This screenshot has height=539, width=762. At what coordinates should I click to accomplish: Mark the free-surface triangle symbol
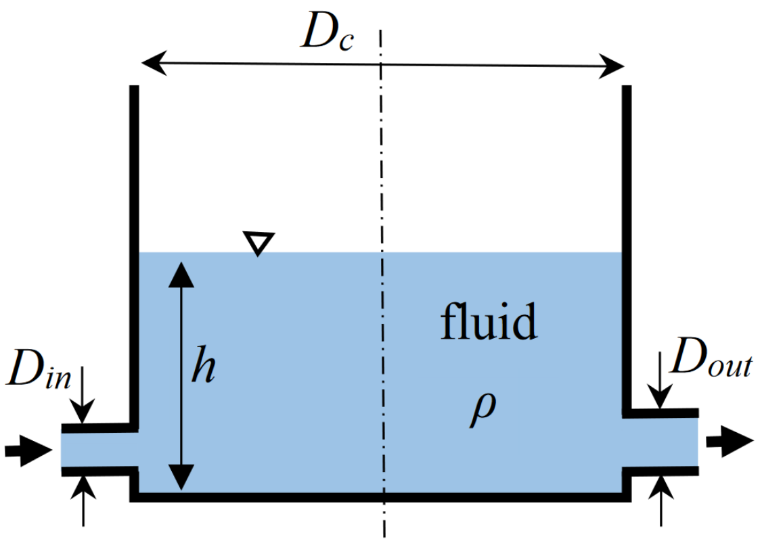259,243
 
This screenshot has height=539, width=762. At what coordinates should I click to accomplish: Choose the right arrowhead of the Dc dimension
613,68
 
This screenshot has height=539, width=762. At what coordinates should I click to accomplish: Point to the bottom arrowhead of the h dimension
181,478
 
